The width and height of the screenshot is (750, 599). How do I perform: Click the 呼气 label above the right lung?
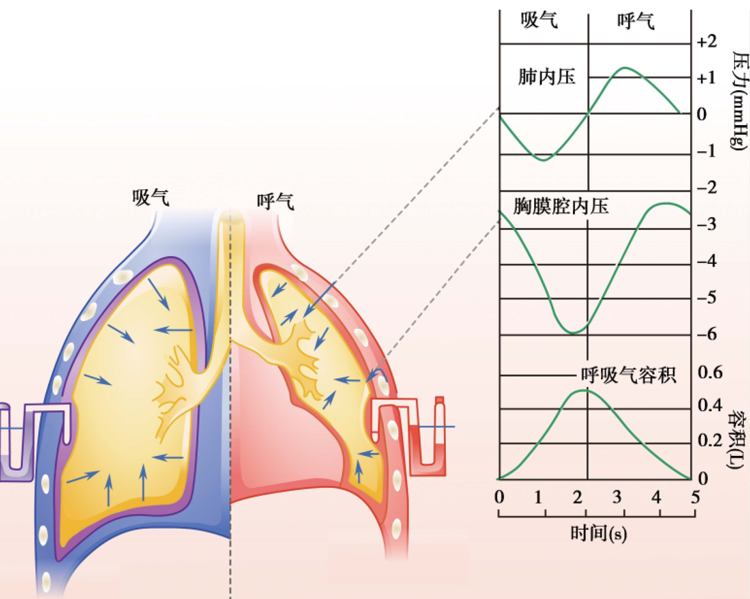[275, 202]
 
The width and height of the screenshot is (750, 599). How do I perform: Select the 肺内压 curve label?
[547, 77]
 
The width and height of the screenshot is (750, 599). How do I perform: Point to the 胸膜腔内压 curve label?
[561, 206]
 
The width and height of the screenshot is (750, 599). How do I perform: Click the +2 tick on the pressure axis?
[707, 42]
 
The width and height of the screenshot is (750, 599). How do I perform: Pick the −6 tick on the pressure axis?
[708, 335]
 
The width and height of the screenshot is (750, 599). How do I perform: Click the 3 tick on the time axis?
[617, 496]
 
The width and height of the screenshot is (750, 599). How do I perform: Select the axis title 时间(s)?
[599, 533]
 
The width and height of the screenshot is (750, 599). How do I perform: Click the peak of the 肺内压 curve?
[624, 68]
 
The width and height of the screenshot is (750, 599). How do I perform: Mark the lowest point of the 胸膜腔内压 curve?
[573, 332]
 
